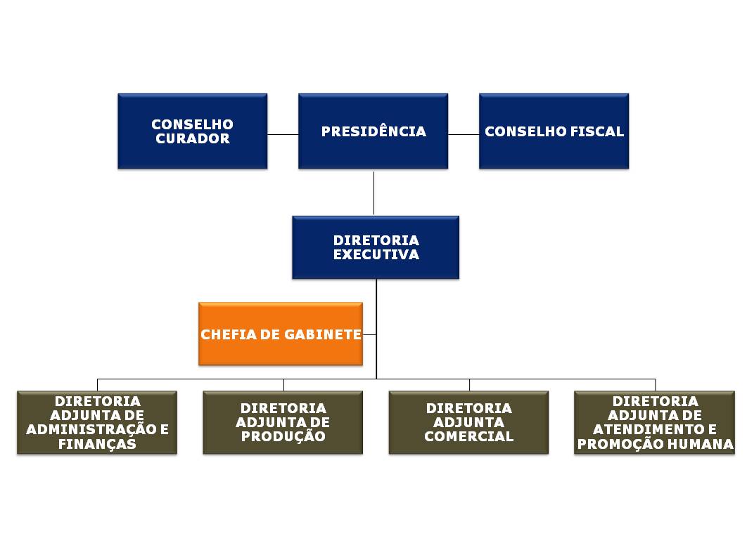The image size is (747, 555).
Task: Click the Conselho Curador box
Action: (193, 131)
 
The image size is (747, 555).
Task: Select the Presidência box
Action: (373, 131)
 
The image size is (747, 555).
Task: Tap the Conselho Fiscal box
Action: (554, 131)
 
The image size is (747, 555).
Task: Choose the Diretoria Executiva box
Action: (376, 247)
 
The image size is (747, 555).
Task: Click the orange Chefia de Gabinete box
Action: (281, 334)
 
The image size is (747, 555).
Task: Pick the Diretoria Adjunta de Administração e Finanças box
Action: (97, 423)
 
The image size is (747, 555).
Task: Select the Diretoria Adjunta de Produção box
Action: (283, 423)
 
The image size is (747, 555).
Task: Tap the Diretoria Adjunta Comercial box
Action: (468, 423)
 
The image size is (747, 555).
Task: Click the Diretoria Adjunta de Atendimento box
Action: (655, 423)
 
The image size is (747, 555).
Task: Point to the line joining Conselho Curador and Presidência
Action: (283, 135)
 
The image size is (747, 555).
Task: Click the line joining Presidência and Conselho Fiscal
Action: (464, 135)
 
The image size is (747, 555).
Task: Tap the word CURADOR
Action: (193, 138)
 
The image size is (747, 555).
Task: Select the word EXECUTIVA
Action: (376, 254)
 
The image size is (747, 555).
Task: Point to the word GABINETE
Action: (323, 334)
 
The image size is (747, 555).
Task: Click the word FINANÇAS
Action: (97, 444)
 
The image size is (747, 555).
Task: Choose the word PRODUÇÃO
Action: (283, 436)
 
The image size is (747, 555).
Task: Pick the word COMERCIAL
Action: (468, 436)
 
